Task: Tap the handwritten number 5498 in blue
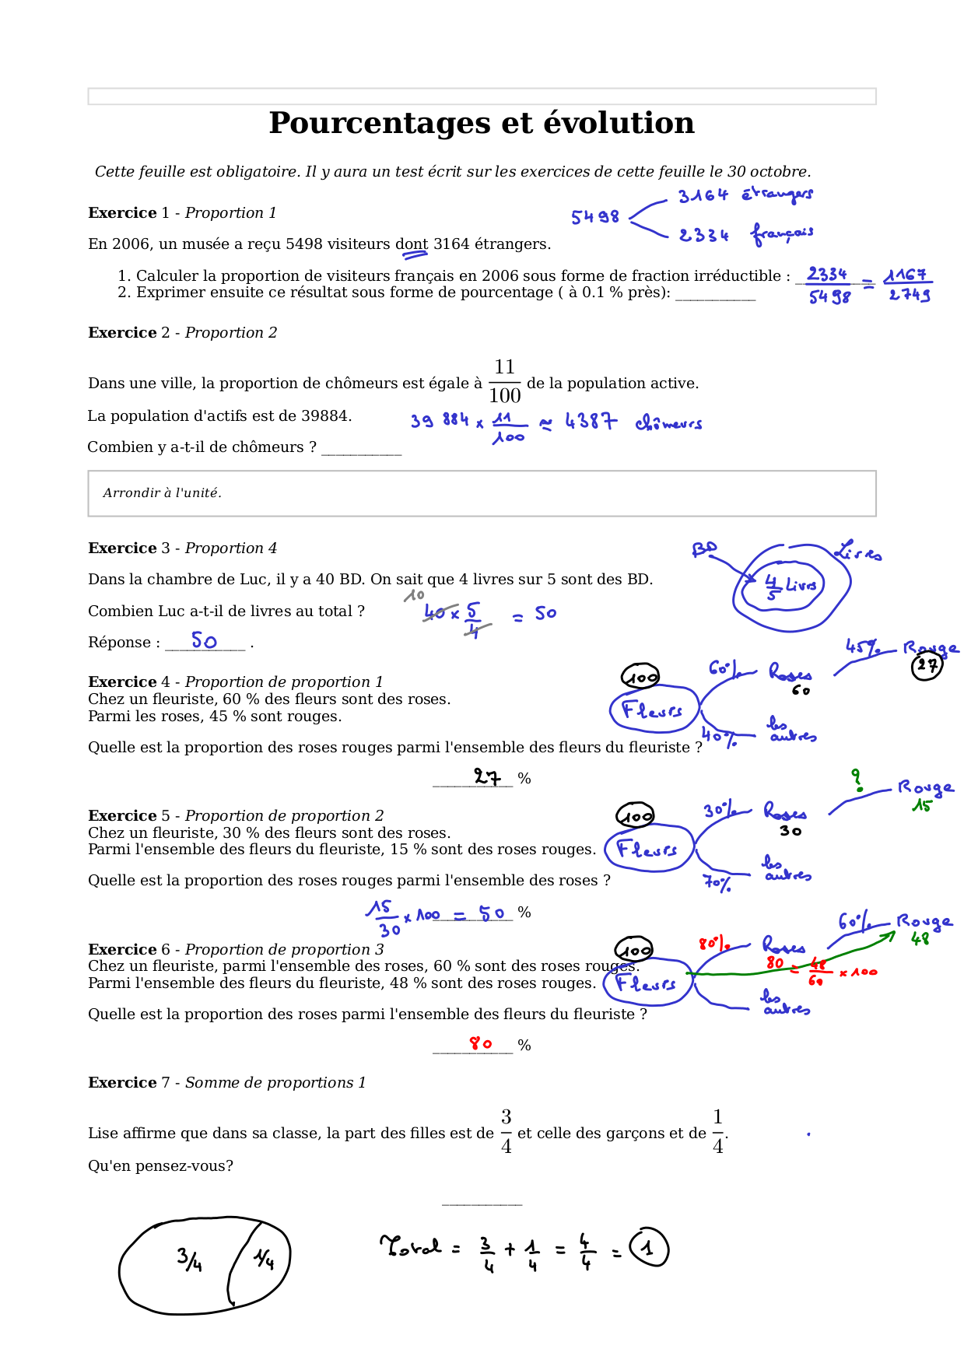pyautogui.click(x=595, y=217)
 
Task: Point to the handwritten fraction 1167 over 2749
pyautogui.click(x=908, y=285)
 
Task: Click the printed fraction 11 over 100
pyautogui.click(x=504, y=381)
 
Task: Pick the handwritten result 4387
pyautogui.click(x=591, y=422)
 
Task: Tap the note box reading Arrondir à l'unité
pyautogui.click(x=482, y=493)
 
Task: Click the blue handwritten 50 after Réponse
pyautogui.click(x=204, y=640)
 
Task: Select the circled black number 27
pyautogui.click(x=927, y=665)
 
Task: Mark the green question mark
pyautogui.click(x=857, y=780)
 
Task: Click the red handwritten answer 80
pyautogui.click(x=481, y=1043)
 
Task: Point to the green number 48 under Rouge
pyautogui.click(x=920, y=939)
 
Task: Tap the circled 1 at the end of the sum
pyautogui.click(x=648, y=1247)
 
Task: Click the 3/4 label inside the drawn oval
pyautogui.click(x=189, y=1259)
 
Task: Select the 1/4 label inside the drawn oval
pyautogui.click(x=264, y=1258)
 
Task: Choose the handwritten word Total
pyautogui.click(x=411, y=1246)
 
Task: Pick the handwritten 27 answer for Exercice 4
pyautogui.click(x=488, y=776)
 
